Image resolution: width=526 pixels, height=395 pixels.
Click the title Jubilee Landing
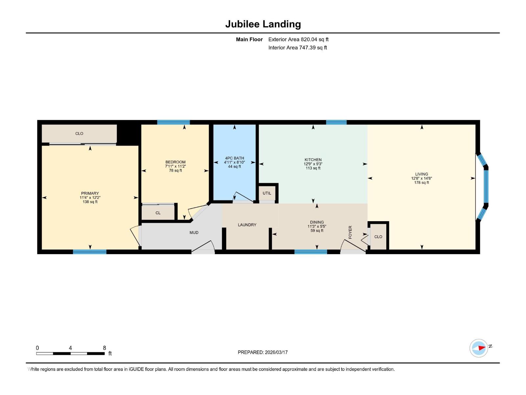point(263,24)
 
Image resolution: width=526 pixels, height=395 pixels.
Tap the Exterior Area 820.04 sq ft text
point(298,39)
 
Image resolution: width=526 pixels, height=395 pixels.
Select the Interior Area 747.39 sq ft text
point(298,47)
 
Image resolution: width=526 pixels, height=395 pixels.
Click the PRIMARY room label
point(90,193)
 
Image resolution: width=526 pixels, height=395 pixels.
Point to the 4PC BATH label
point(234,158)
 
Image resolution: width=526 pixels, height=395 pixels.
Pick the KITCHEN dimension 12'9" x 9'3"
point(313,164)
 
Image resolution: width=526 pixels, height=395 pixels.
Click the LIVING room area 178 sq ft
point(421,182)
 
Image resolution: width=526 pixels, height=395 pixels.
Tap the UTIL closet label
point(267,193)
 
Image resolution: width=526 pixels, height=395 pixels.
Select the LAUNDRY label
point(247,225)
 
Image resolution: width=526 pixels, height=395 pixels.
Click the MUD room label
point(194,232)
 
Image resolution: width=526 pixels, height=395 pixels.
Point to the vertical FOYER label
point(350,232)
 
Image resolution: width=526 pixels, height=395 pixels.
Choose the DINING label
point(317,222)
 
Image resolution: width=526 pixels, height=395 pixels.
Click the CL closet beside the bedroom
point(158,213)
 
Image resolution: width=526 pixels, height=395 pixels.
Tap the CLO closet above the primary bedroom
point(79,133)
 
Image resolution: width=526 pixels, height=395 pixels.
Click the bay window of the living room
point(486,186)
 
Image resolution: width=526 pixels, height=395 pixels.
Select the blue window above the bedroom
point(173,122)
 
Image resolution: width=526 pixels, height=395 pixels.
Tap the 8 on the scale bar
point(105,348)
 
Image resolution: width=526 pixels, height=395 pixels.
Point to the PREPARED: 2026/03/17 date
point(263,352)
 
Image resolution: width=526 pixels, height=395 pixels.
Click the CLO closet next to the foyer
point(378,237)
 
